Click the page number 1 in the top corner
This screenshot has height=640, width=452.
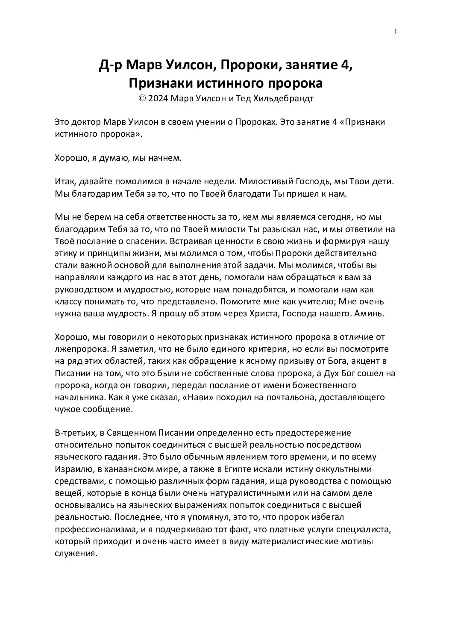[x=396, y=32]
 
